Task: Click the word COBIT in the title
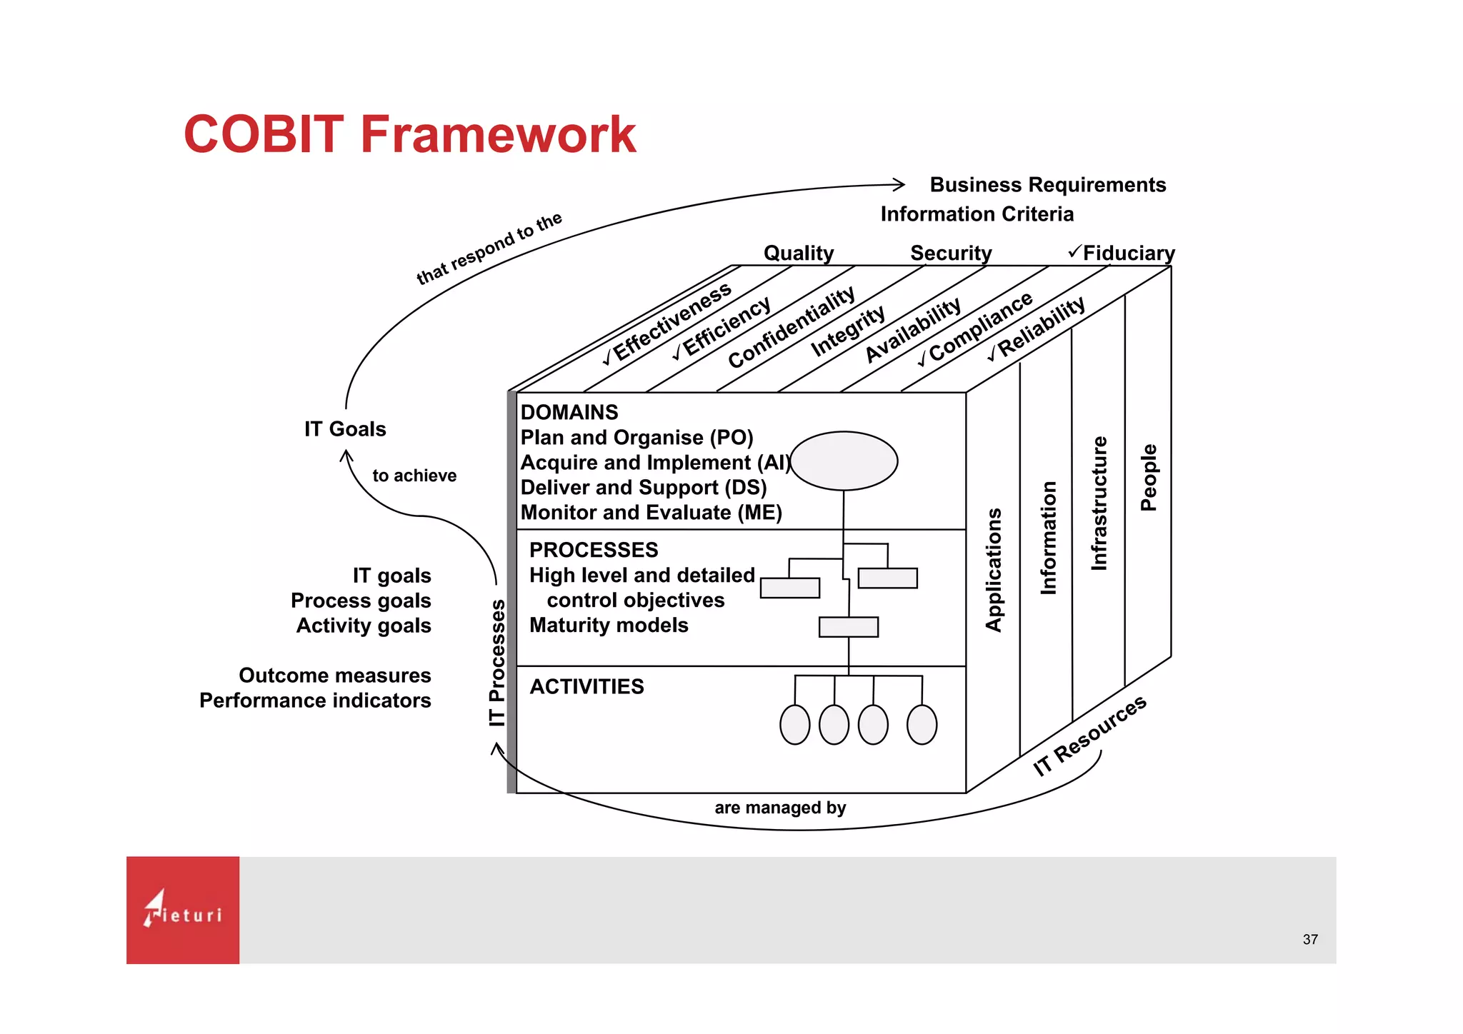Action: (264, 134)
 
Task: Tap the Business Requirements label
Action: (1047, 185)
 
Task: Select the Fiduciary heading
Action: (1128, 254)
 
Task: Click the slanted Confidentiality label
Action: (791, 328)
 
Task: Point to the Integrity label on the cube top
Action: (848, 331)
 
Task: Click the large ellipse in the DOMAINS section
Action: (844, 461)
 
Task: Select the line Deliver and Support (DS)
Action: (643, 488)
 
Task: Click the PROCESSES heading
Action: (593, 550)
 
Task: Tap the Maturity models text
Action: (608, 626)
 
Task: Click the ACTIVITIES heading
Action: (586, 687)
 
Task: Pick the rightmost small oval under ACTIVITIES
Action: (922, 725)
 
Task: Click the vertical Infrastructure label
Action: (1099, 503)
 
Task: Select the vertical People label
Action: (1148, 478)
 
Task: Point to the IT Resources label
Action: (1089, 736)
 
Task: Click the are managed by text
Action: (779, 808)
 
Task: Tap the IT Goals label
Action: (345, 429)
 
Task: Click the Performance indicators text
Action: (315, 701)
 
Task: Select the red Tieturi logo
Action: (183, 910)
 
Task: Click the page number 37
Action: (1309, 940)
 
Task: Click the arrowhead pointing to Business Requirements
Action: (899, 185)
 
